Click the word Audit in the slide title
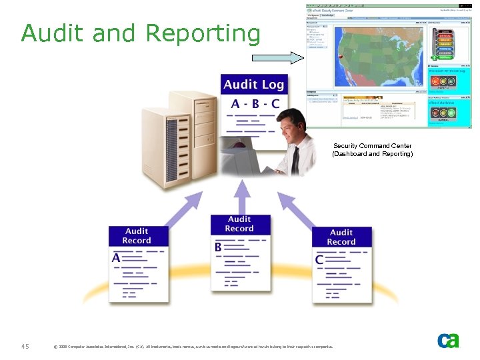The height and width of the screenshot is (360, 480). (54, 33)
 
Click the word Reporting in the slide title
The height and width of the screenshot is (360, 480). (203, 34)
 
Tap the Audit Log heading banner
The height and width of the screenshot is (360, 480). (254, 85)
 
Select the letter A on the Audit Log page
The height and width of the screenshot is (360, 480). (235, 104)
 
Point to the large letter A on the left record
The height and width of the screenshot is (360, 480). (116, 257)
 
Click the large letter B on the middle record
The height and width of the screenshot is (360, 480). (218, 247)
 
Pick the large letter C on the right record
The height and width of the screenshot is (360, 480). (320, 259)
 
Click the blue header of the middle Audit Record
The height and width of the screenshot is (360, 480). (239, 224)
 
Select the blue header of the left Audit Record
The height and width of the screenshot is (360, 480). (137, 236)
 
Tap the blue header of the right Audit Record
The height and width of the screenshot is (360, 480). (341, 237)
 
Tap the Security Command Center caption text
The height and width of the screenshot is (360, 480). (372, 150)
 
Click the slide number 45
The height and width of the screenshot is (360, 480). (25, 346)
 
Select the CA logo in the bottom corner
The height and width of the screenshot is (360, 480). (448, 340)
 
